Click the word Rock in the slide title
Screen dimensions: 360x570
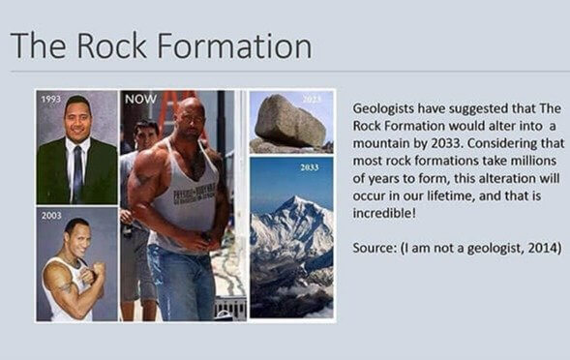click(x=117, y=45)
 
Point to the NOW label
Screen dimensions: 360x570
click(x=139, y=99)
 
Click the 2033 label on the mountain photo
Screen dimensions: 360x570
click(x=309, y=167)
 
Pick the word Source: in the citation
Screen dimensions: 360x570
click(x=376, y=248)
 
